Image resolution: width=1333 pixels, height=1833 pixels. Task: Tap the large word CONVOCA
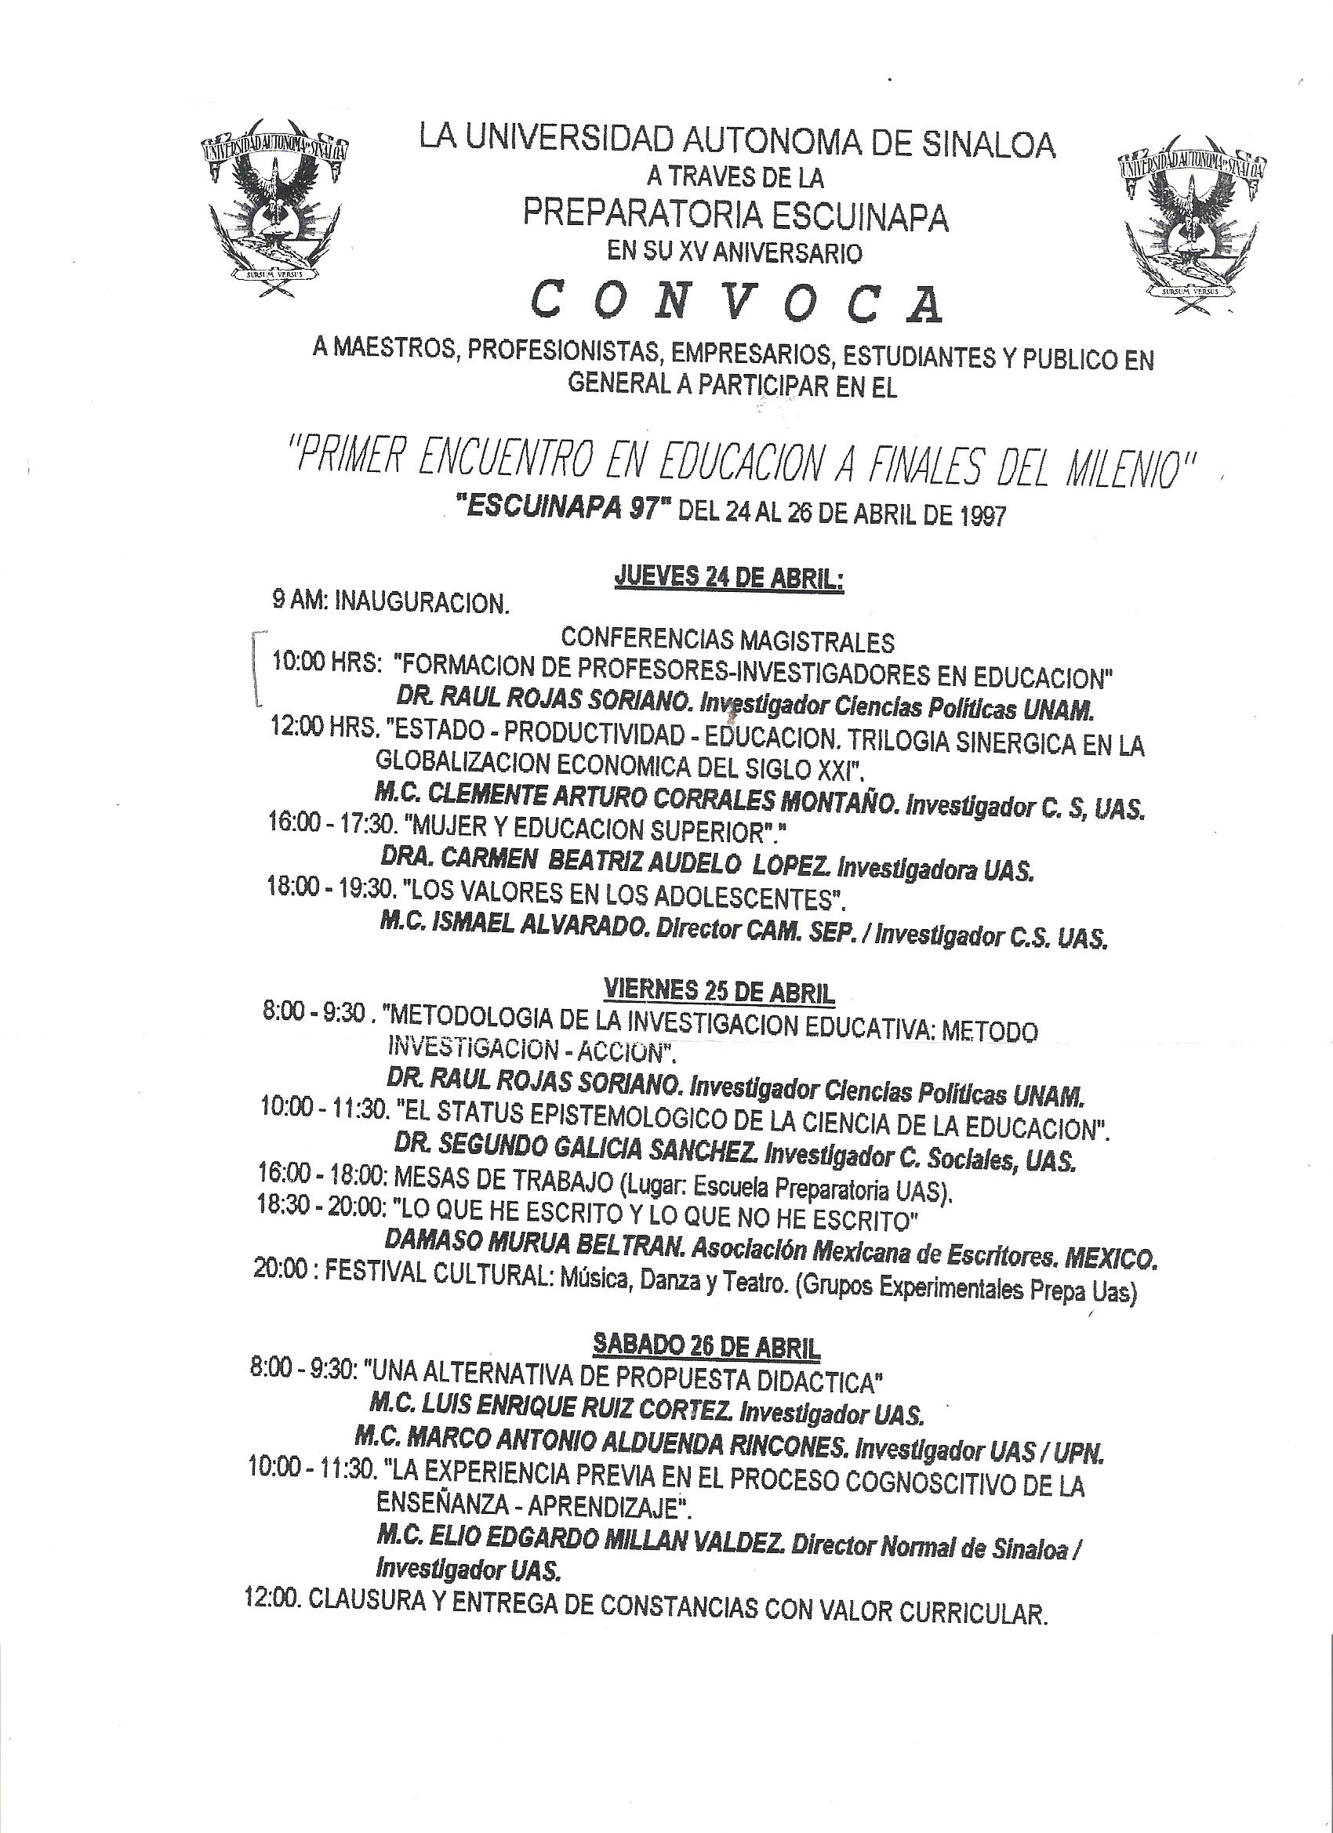coord(736,304)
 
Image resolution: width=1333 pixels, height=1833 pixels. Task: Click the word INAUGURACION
coord(422,603)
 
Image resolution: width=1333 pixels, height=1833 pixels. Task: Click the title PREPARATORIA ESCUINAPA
coord(736,215)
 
